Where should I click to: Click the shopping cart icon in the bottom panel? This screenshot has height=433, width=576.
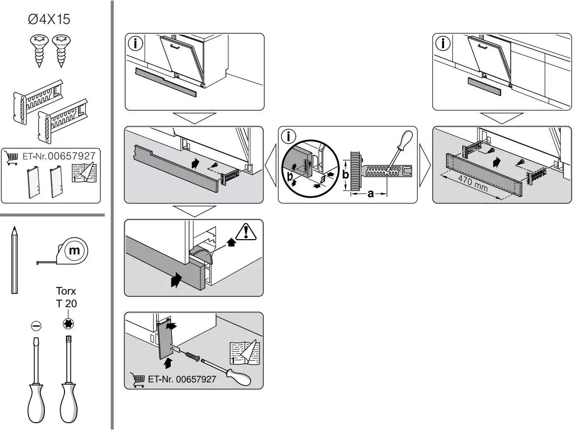pyautogui.click(x=137, y=380)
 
